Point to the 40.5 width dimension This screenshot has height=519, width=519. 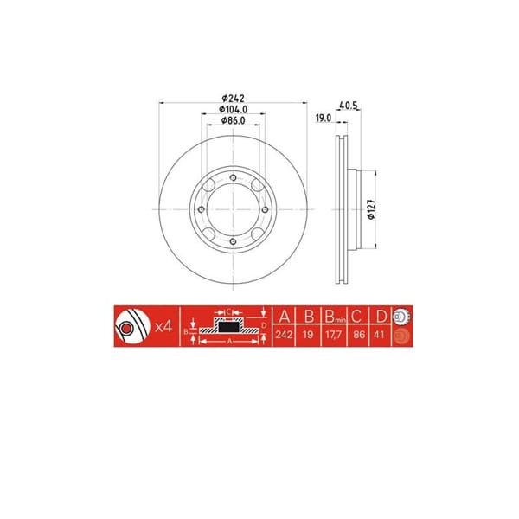[x=349, y=107]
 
